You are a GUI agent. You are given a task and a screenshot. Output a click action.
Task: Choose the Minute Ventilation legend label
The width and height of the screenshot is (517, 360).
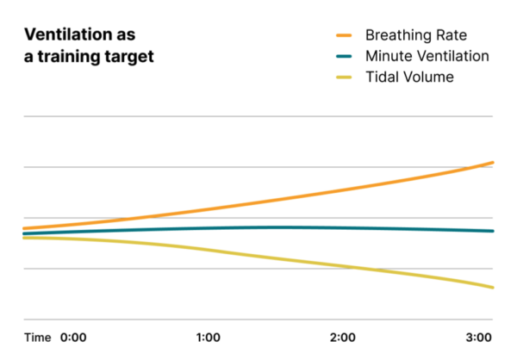(427, 57)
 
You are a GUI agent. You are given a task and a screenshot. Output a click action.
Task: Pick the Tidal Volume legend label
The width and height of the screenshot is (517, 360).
(409, 78)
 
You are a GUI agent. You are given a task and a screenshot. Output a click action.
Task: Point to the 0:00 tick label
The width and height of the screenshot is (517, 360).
(73, 337)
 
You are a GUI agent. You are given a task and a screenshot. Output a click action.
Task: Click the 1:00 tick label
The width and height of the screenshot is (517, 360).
(209, 337)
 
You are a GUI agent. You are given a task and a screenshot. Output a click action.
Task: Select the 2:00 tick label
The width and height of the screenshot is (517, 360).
(343, 337)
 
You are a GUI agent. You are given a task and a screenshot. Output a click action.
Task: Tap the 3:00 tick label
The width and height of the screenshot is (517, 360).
(477, 337)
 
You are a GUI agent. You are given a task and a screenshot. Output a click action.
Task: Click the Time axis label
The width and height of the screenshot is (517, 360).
(37, 337)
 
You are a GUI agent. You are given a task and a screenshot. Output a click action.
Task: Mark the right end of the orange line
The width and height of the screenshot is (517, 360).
(492, 163)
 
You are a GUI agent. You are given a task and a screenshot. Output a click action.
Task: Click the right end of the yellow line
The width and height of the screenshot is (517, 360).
(492, 287)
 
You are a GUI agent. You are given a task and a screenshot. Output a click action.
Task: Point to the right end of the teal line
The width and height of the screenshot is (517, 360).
(492, 231)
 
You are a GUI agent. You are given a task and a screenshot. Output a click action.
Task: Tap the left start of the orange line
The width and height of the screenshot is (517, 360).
(25, 228)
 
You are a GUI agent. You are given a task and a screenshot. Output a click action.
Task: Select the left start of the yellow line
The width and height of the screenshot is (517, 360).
(25, 238)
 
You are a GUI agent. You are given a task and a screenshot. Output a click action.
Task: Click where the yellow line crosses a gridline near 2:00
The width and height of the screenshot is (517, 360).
(353, 268)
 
